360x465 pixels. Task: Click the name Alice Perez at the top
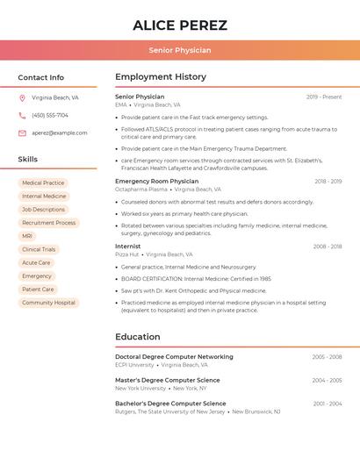(180, 25)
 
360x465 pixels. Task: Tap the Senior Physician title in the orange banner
(180, 51)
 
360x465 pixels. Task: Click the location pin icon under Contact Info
(22, 98)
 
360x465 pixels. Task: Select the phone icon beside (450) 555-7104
(22, 116)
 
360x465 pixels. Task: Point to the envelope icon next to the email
(22, 133)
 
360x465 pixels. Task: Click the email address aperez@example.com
(60, 133)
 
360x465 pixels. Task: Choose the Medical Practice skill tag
(43, 183)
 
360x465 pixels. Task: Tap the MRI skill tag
(27, 236)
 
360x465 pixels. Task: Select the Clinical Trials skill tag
(39, 249)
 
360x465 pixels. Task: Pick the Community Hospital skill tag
(49, 303)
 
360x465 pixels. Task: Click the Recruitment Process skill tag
(49, 223)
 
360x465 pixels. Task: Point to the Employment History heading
(161, 77)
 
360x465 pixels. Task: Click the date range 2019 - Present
(324, 97)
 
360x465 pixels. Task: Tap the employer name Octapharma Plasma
(140, 190)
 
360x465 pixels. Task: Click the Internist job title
(127, 247)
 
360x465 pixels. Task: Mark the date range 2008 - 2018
(328, 247)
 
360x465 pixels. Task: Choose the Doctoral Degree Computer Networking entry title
(174, 357)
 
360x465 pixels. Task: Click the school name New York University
(140, 388)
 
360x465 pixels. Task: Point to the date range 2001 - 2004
(328, 404)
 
